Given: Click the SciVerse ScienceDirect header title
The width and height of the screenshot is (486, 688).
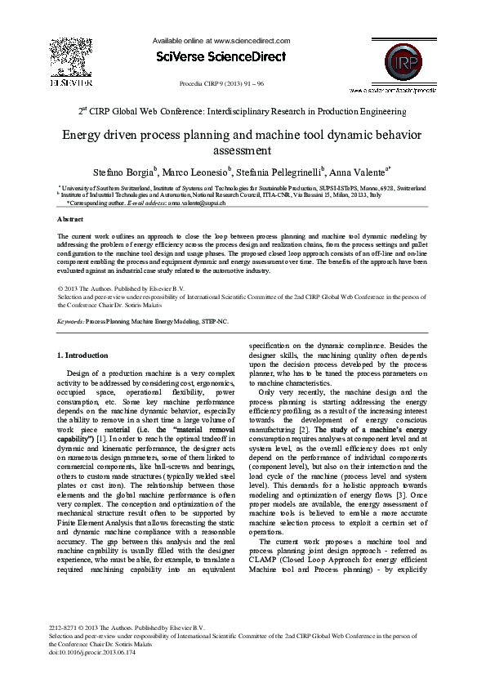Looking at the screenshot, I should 221,56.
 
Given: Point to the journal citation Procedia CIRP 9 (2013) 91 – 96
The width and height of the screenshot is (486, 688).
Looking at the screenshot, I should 221,84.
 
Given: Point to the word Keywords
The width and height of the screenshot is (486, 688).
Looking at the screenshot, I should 71,322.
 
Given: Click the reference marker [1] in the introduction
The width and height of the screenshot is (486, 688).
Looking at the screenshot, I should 100,439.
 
